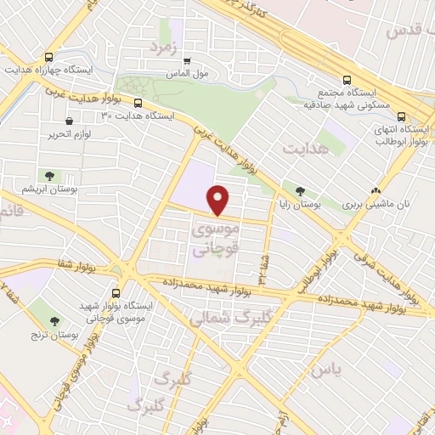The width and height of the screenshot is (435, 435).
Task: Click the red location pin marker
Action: (x=219, y=199)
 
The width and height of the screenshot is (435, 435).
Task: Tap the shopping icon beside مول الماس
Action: (x=186, y=60)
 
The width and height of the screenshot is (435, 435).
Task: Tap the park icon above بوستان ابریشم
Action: (x=49, y=176)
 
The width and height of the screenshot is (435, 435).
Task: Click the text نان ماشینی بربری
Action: (x=370, y=205)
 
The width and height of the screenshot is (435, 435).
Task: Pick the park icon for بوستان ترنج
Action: (x=55, y=321)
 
